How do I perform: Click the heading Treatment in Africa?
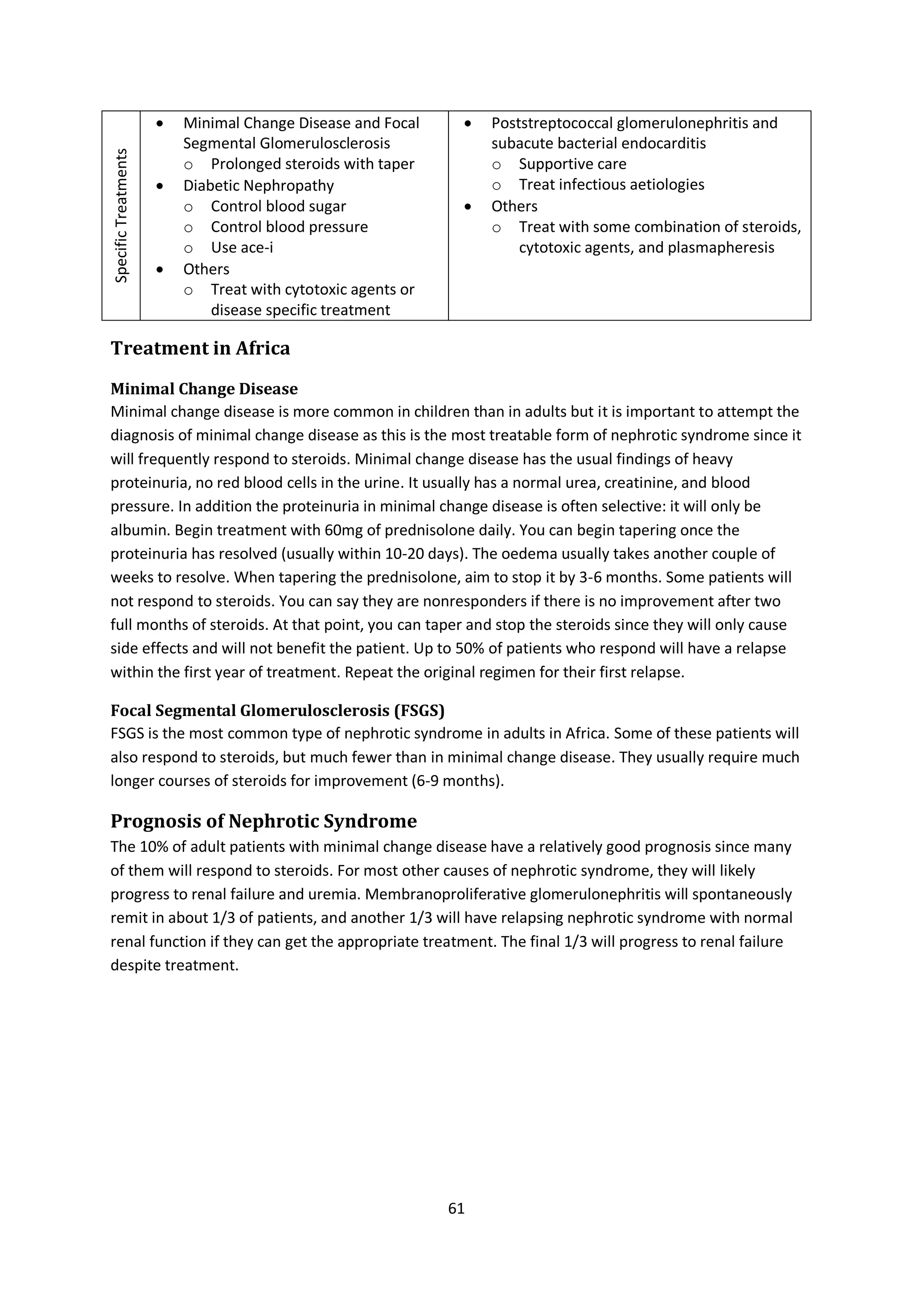[x=200, y=349]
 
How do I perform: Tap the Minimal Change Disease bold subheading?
[x=204, y=389]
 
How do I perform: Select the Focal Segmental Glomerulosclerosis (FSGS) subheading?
[x=277, y=711]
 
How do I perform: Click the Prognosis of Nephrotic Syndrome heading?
[x=263, y=821]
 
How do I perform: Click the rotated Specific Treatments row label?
[x=121, y=215]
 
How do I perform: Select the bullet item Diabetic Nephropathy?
[x=258, y=185]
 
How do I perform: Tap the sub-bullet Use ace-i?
[x=242, y=247]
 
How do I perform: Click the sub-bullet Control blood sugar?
[x=278, y=206]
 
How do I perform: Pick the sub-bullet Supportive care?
[x=572, y=164]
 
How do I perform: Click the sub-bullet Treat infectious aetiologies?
[x=611, y=185]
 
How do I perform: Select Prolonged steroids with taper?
[x=312, y=164]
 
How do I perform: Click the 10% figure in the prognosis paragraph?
[x=151, y=847]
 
